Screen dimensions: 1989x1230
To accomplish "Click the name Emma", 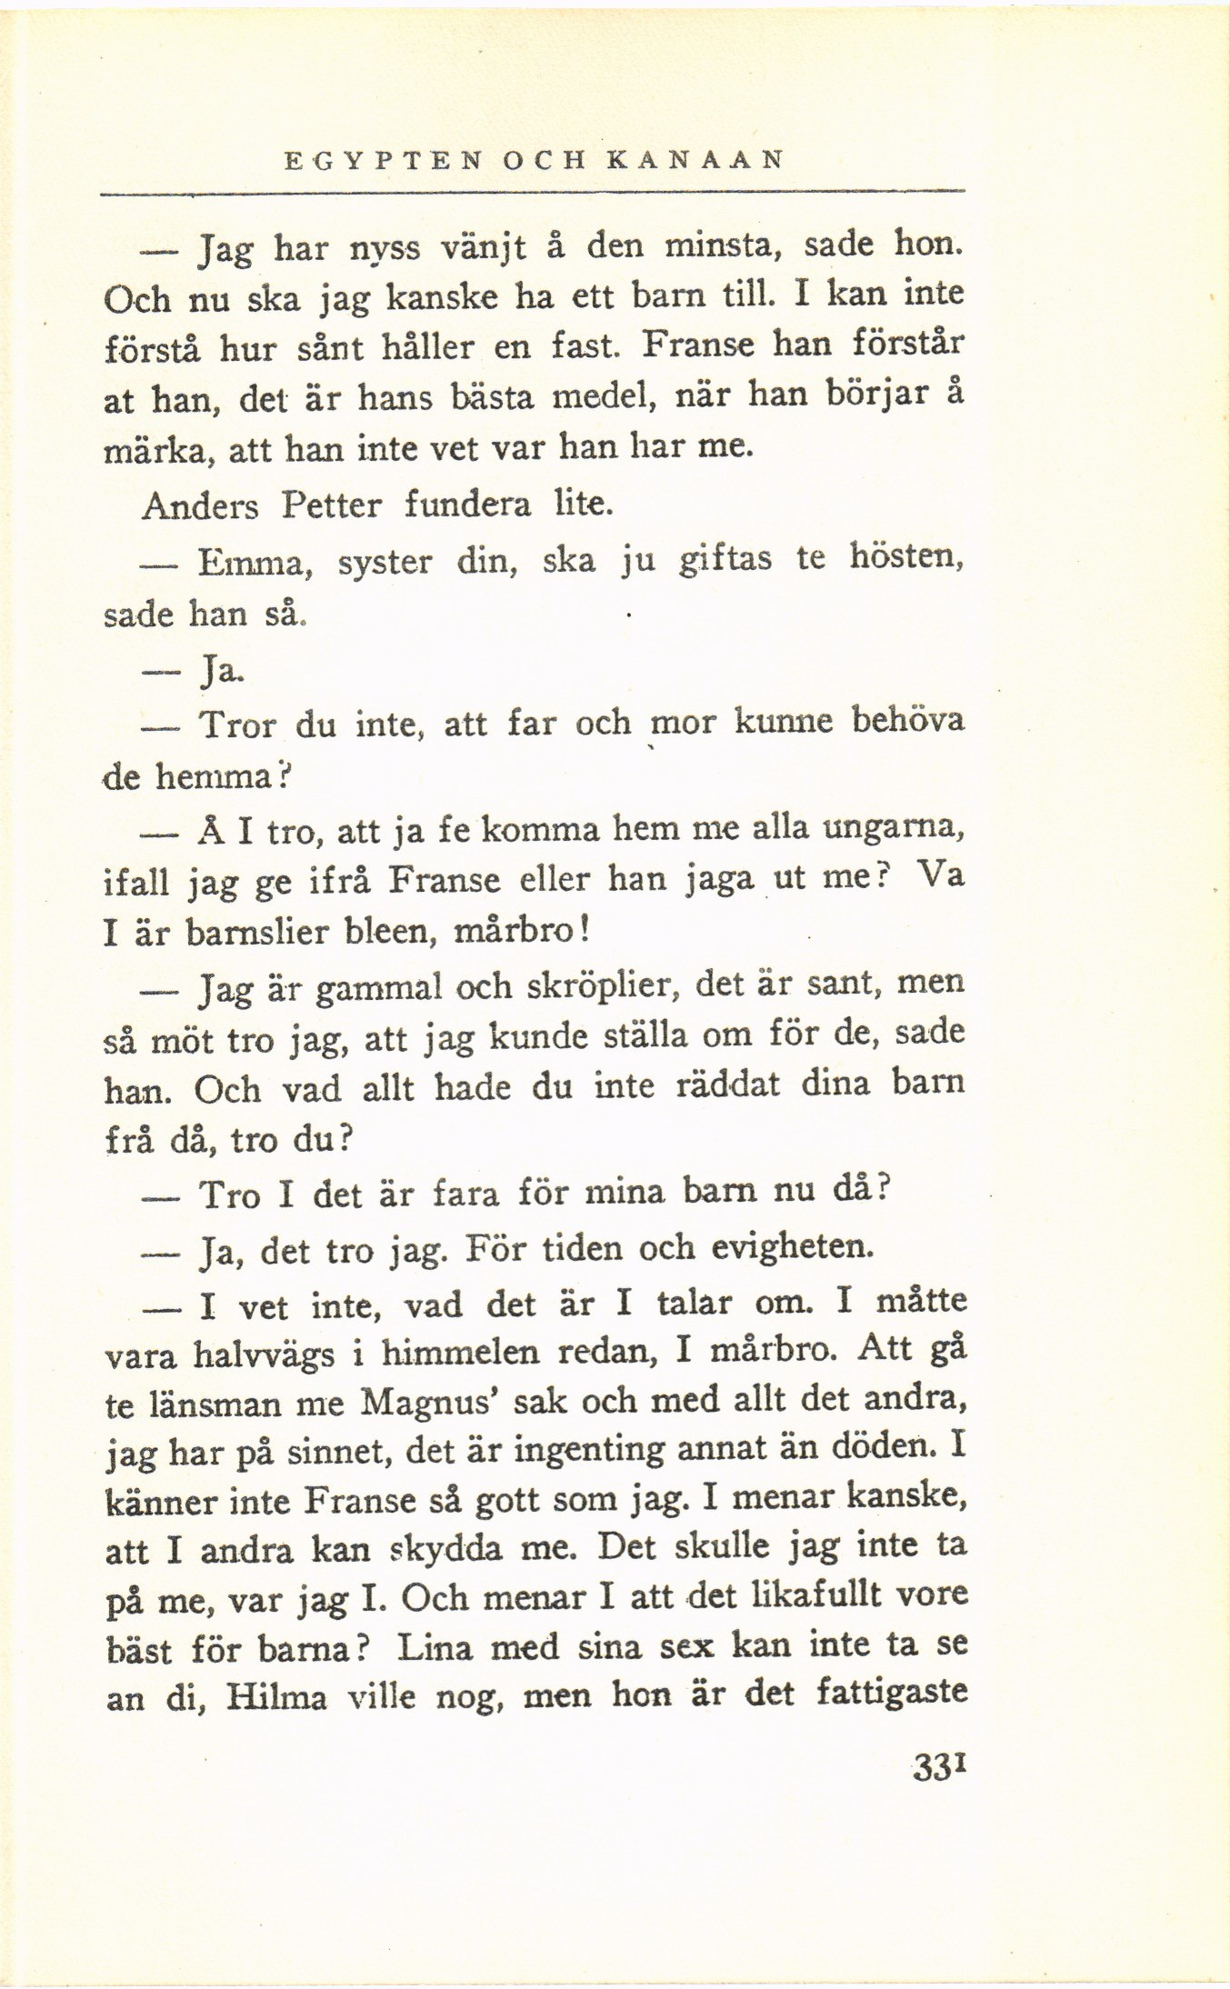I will pos(255,563).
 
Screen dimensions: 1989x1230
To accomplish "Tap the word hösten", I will pos(905,558).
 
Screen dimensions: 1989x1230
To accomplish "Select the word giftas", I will pos(725,560).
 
